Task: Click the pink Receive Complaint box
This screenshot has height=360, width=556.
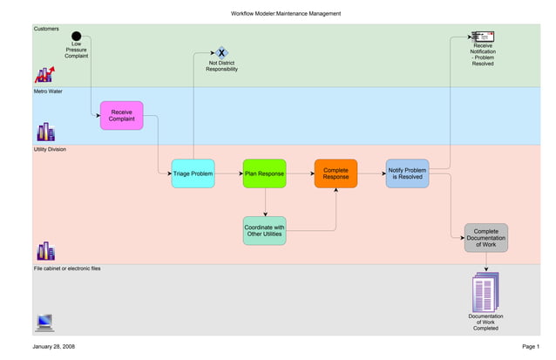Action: coord(121,115)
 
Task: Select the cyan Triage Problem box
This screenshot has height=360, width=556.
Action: coord(193,173)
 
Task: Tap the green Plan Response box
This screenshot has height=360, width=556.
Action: coord(264,173)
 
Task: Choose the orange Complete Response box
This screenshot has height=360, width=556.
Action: coord(336,173)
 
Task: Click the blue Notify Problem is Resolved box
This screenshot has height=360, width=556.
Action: coord(407,173)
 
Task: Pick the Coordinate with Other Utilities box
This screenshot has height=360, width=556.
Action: coord(264,231)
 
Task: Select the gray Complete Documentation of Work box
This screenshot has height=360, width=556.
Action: coord(485,238)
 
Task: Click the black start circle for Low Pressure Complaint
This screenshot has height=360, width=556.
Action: coord(77,37)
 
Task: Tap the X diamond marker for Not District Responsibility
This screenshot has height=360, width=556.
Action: coord(221,53)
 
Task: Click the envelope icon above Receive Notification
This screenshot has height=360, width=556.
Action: coord(482,37)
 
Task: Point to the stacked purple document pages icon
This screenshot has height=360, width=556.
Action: coord(485,292)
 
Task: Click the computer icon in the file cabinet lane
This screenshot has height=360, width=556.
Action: coord(45,323)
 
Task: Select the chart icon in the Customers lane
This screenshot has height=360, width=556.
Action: coord(44,74)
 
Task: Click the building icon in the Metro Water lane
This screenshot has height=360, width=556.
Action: coord(45,132)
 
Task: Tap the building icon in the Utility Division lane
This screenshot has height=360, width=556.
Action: coord(45,251)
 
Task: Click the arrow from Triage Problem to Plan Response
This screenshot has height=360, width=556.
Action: coord(228,173)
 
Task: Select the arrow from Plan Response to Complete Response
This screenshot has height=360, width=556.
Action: coord(300,173)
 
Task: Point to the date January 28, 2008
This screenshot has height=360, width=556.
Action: coord(53,347)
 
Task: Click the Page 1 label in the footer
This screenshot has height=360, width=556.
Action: coord(530,347)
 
